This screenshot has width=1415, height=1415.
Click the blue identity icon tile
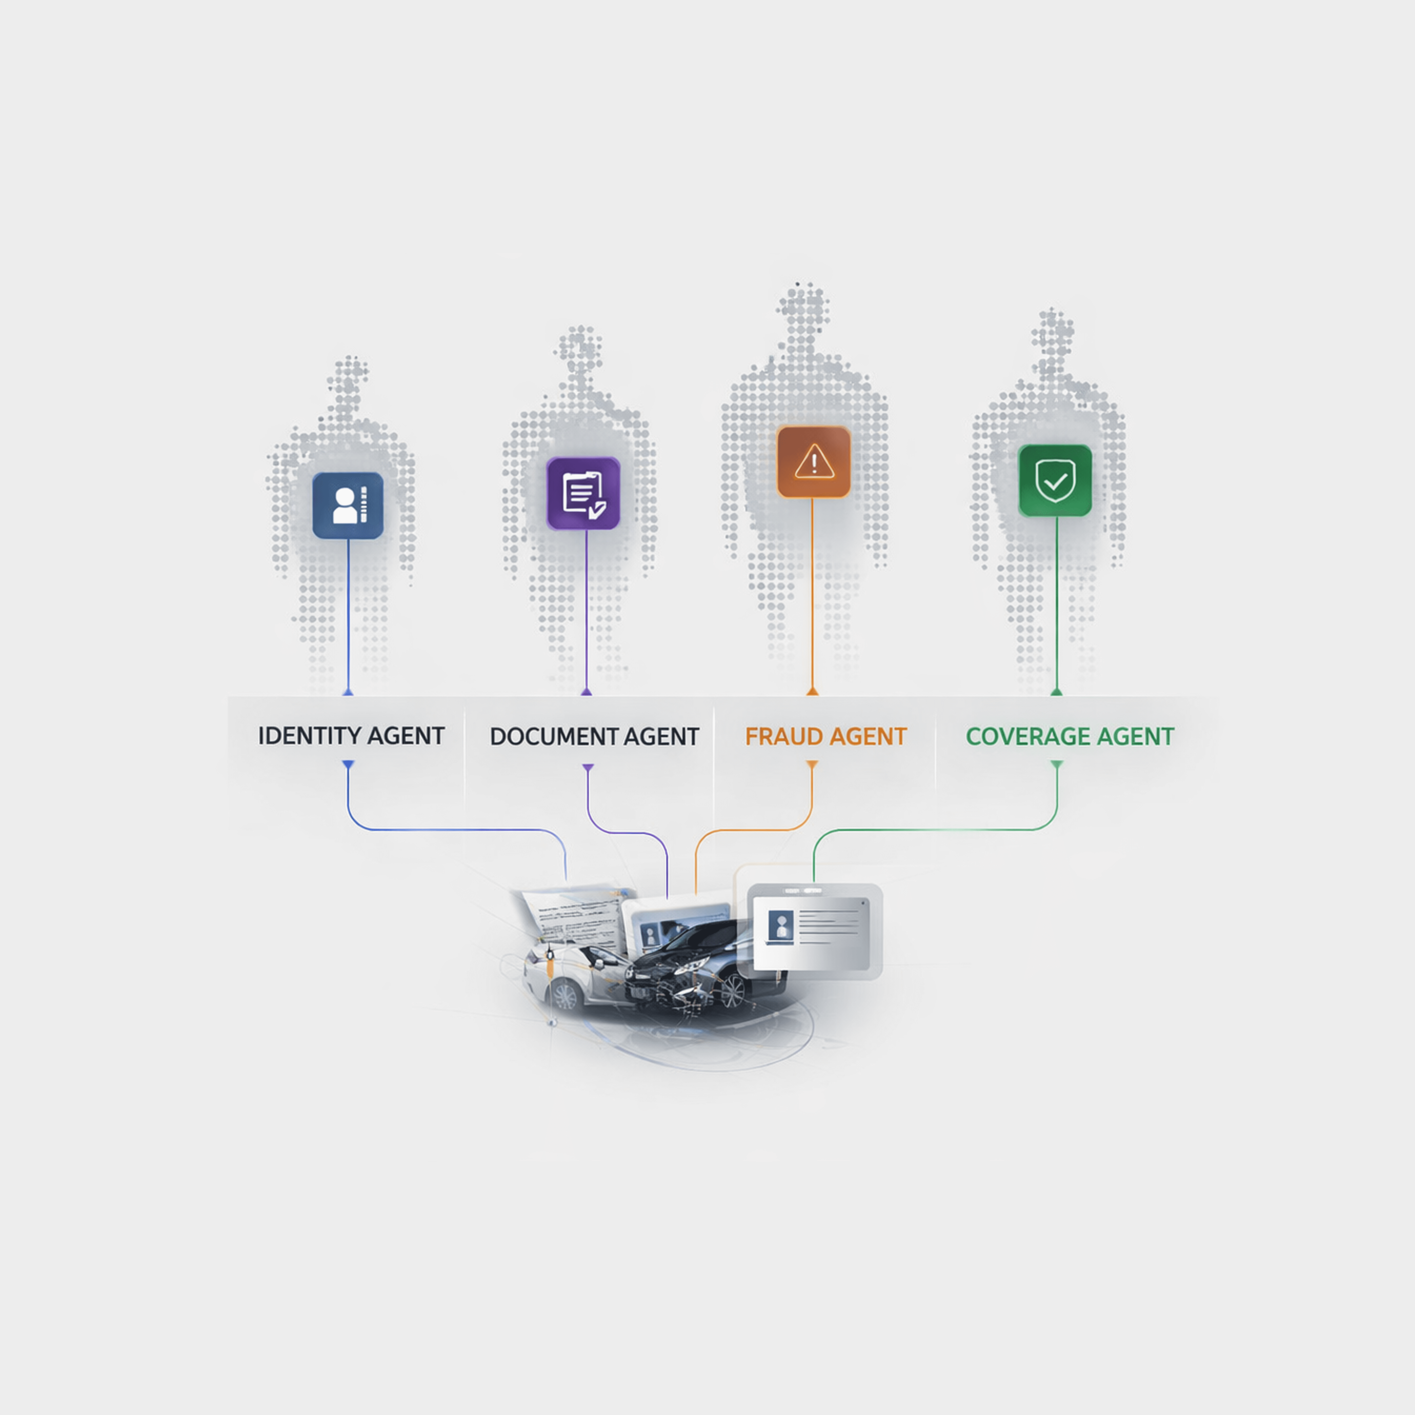pos(348,505)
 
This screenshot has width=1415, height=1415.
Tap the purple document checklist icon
pos(583,493)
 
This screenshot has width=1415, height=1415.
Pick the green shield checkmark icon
pos(1055,481)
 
